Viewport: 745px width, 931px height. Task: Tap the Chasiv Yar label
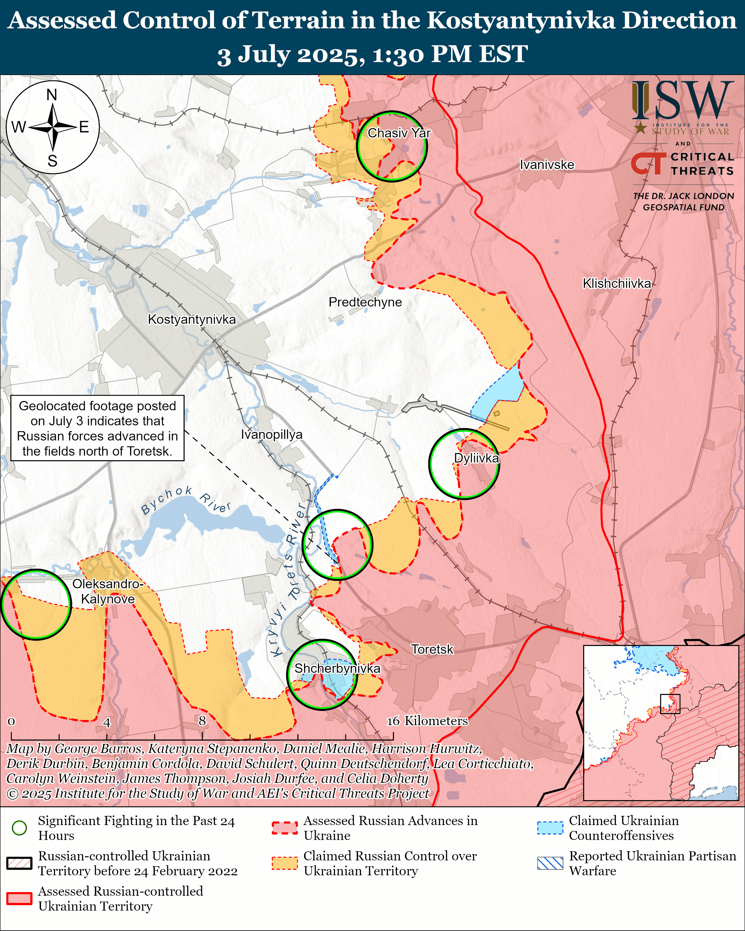pyautogui.click(x=399, y=133)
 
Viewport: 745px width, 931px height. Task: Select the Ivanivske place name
pyautogui.click(x=547, y=165)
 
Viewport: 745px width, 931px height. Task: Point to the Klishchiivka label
pyautogui.click(x=616, y=283)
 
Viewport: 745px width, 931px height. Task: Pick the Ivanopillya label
pyautogui.click(x=271, y=434)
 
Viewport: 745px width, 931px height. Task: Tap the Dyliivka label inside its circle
pyautogui.click(x=476, y=458)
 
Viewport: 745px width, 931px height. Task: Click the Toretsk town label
pyautogui.click(x=432, y=649)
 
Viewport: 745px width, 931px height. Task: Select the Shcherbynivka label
pyautogui.click(x=337, y=668)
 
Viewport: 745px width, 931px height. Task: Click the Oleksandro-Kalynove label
pyautogui.click(x=108, y=591)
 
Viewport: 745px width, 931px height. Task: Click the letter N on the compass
pyautogui.click(x=52, y=95)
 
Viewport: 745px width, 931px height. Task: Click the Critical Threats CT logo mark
pyautogui.click(x=648, y=164)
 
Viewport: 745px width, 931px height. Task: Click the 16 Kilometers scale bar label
pyautogui.click(x=427, y=721)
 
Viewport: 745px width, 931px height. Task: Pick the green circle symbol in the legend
pyautogui.click(x=20, y=828)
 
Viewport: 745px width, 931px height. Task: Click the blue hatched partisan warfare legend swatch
pyautogui.click(x=550, y=863)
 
